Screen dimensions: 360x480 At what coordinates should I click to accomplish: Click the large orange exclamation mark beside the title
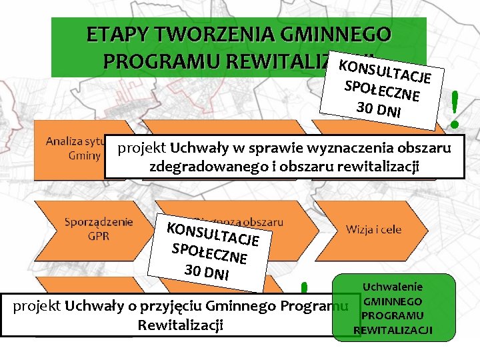click(x=455, y=109)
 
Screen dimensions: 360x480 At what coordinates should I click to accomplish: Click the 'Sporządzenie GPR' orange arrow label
click(x=99, y=228)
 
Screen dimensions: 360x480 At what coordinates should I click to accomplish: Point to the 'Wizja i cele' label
click(x=373, y=229)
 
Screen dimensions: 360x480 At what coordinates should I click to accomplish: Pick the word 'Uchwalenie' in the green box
click(x=393, y=287)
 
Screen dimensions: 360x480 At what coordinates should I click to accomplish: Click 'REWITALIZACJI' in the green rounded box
click(x=393, y=330)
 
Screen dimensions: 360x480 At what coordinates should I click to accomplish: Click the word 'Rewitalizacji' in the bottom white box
click(x=179, y=325)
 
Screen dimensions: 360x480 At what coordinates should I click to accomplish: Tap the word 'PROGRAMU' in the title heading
click(x=161, y=61)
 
